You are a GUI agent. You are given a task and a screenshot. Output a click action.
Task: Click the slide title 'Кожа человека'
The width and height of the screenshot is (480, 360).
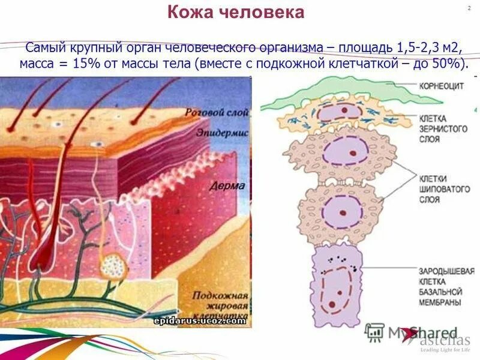coord(235,13)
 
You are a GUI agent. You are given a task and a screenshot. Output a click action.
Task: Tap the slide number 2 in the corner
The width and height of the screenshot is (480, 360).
coord(467,8)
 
